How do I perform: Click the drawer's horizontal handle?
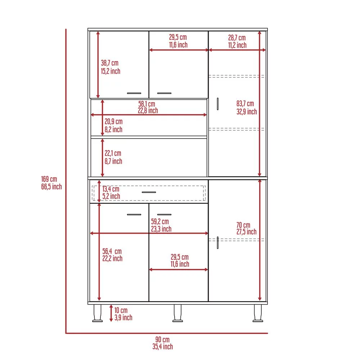(x=149, y=192)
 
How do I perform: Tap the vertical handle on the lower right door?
(x=218, y=243)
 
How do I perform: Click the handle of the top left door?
(x=134, y=93)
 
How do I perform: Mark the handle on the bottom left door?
(x=134, y=215)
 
